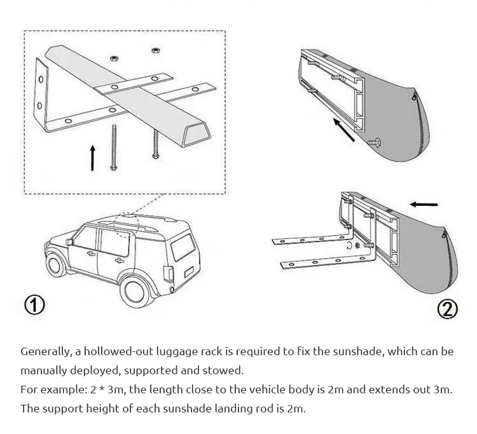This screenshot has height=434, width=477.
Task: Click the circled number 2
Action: (x=448, y=309)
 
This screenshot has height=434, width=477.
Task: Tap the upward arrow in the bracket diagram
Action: (x=93, y=158)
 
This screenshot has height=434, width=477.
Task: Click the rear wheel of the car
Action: (x=136, y=289)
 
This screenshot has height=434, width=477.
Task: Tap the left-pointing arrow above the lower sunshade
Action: (x=424, y=205)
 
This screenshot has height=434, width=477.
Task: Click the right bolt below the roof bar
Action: (x=155, y=143)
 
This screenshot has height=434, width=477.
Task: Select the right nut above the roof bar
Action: (x=155, y=50)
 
